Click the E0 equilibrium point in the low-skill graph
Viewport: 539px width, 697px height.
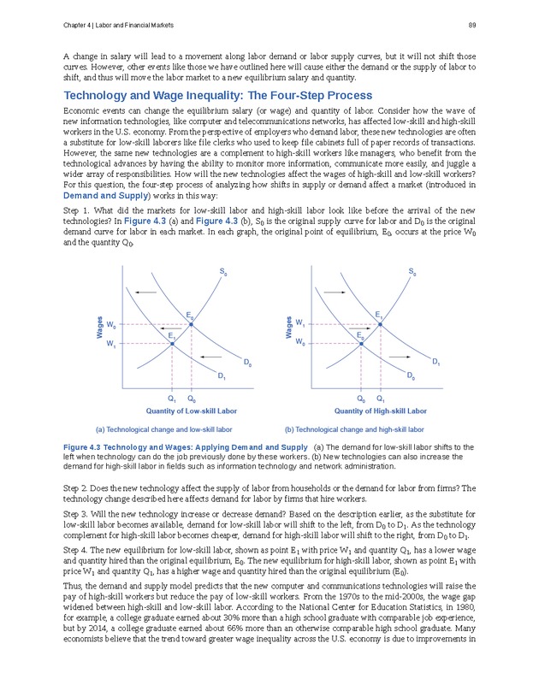click(x=191, y=325)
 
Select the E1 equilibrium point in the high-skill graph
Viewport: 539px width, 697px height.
click(x=379, y=325)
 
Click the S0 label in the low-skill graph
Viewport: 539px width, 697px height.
click(x=223, y=273)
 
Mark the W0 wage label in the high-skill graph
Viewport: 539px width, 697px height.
click(x=300, y=344)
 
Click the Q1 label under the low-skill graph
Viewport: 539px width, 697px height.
click(x=172, y=399)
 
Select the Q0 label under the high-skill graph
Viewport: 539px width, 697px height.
click(x=360, y=399)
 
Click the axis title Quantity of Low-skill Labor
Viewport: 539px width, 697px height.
click(x=192, y=411)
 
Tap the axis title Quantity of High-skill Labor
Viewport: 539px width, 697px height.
click(x=380, y=411)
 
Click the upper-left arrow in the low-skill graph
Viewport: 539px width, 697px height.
click(x=145, y=293)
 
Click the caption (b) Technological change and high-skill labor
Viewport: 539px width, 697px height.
click(x=354, y=429)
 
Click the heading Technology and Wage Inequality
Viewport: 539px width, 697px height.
click(x=218, y=95)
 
